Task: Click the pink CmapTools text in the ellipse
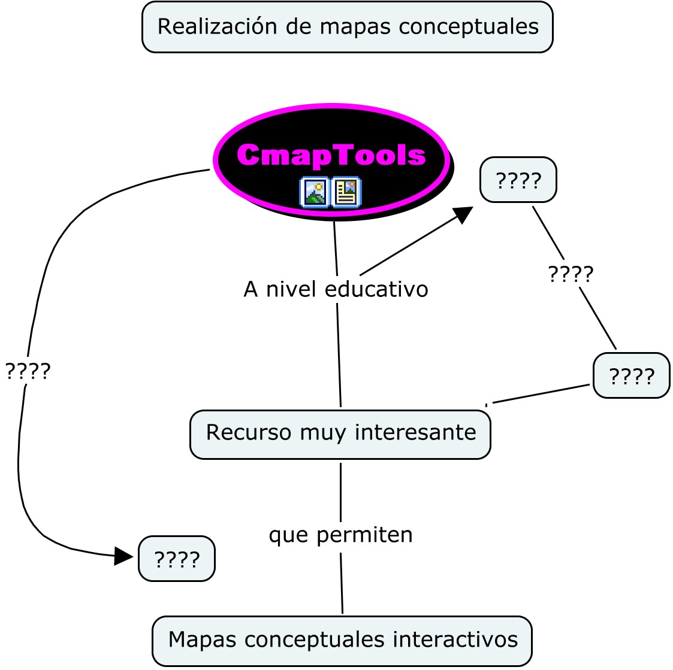pyautogui.click(x=331, y=155)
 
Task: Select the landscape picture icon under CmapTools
pyautogui.click(x=315, y=192)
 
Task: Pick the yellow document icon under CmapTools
pyautogui.click(x=346, y=192)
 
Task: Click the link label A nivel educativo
pyautogui.click(x=336, y=289)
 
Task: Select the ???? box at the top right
pyautogui.click(x=518, y=180)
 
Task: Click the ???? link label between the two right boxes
pyautogui.click(x=571, y=274)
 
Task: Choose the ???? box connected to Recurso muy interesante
pyautogui.click(x=631, y=376)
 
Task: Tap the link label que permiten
pyautogui.click(x=340, y=535)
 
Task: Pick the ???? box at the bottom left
pyautogui.click(x=177, y=559)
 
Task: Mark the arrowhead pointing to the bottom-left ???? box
pyautogui.click(x=124, y=556)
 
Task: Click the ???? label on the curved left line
pyautogui.click(x=28, y=371)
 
